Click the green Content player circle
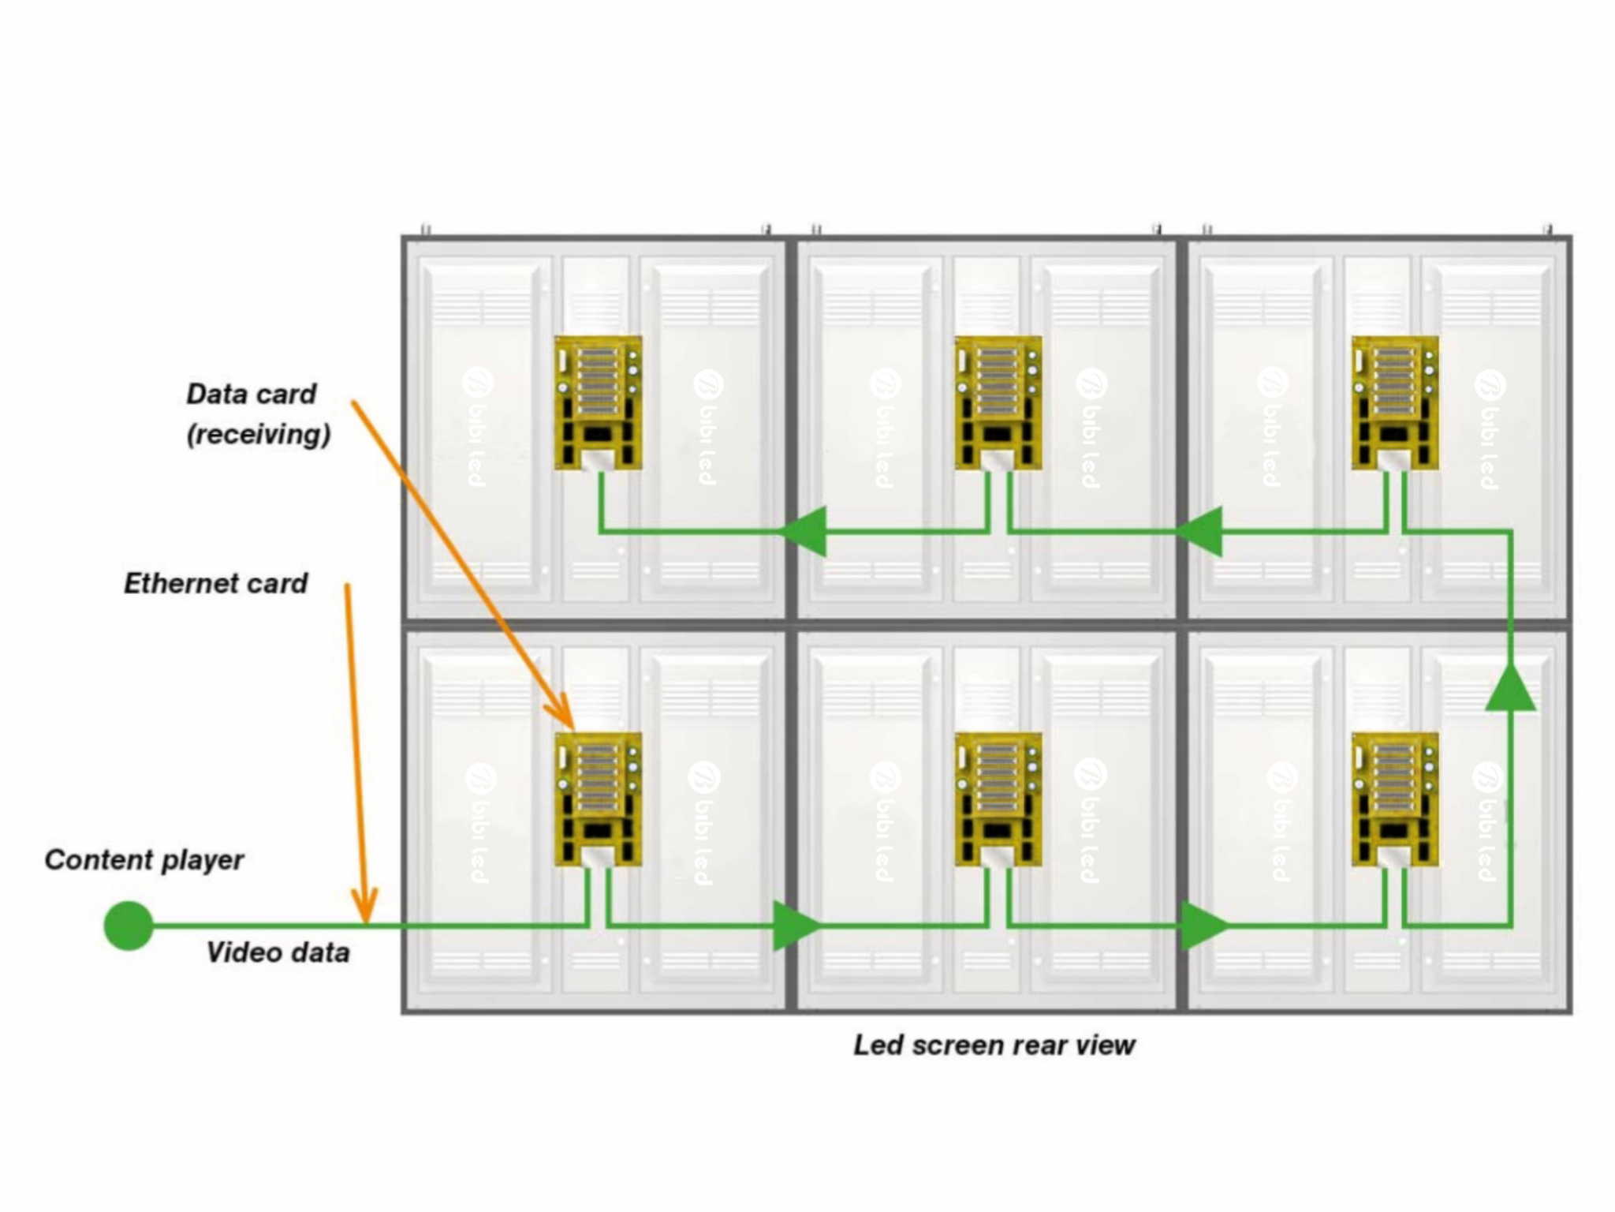[128, 925]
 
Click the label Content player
[144, 859]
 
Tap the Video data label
[278, 952]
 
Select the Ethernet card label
[215, 583]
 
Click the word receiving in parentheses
[259, 434]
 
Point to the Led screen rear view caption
[994, 1045]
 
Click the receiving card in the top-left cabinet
[598, 402]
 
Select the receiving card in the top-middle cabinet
[998, 402]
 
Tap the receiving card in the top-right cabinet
[1394, 402]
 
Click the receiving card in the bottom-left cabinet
[598, 799]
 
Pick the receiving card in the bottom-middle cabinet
[998, 799]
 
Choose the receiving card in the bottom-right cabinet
[1394, 799]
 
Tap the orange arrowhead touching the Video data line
[364, 907]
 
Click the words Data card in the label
[251, 393]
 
